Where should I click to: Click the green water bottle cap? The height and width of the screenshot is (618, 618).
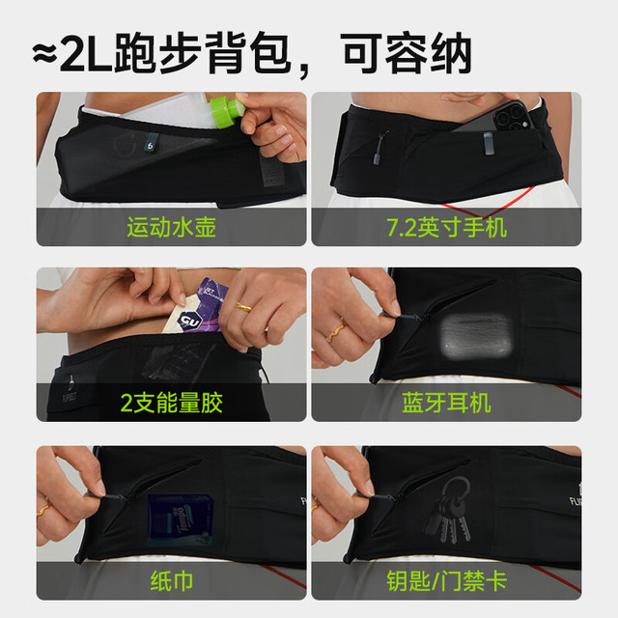tap(228, 111)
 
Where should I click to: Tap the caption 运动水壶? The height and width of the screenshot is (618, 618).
tap(172, 228)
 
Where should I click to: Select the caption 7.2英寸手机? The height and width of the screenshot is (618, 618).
tap(446, 228)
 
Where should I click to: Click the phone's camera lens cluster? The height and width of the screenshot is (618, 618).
tap(511, 115)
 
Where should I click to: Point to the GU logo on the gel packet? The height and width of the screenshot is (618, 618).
tap(190, 320)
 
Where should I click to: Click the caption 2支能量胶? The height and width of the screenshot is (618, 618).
tap(172, 403)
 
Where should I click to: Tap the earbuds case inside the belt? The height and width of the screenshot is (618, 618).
tap(476, 336)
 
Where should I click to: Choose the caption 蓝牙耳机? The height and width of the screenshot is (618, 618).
tap(446, 403)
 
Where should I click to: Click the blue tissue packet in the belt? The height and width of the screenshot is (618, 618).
tap(181, 520)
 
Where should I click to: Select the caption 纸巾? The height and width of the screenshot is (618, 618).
tap(172, 580)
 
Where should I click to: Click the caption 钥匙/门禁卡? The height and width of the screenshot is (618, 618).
tap(446, 580)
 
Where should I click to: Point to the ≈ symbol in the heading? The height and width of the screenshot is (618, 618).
tap(44, 54)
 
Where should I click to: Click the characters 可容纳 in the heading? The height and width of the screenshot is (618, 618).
tap(407, 54)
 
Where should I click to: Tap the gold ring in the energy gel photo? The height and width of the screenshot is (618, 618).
tap(244, 307)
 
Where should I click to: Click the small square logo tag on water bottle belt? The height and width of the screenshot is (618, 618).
tap(151, 144)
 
